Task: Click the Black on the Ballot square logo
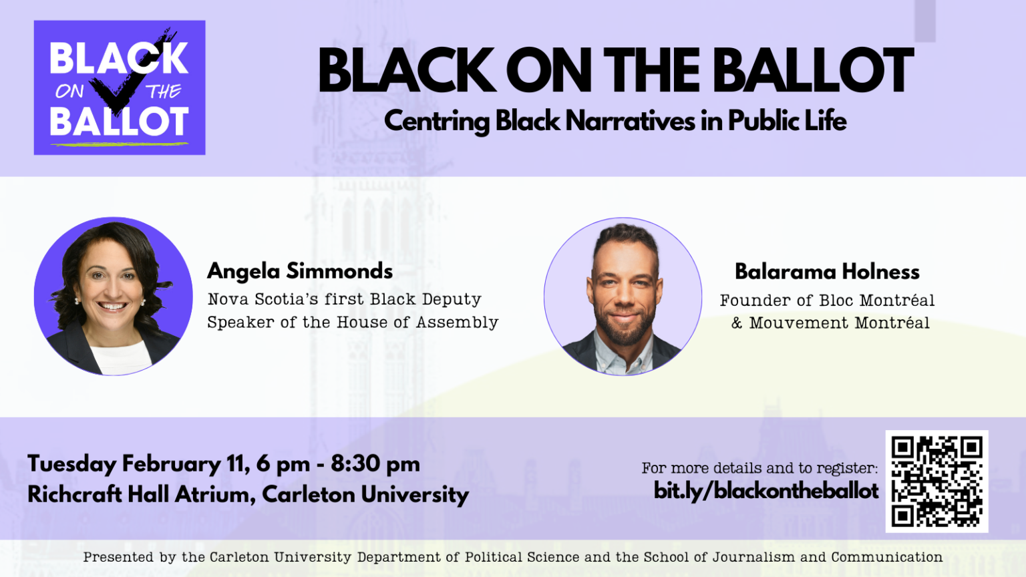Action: [x=120, y=87]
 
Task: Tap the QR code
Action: [x=936, y=481]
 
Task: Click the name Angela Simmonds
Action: [x=300, y=271]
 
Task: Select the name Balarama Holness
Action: [x=827, y=272]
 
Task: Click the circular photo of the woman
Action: [x=113, y=296]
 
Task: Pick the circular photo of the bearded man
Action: [x=623, y=297]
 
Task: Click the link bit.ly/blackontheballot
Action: [x=765, y=491]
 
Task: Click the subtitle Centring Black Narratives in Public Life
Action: [x=615, y=122]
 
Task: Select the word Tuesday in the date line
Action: [x=72, y=464]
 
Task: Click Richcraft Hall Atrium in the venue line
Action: [x=139, y=495]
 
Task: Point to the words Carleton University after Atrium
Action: [x=365, y=495]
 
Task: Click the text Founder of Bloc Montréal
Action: [x=827, y=301]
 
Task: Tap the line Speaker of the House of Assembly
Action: [x=353, y=323]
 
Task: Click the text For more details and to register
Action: [x=759, y=468]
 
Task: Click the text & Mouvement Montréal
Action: [x=830, y=323]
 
